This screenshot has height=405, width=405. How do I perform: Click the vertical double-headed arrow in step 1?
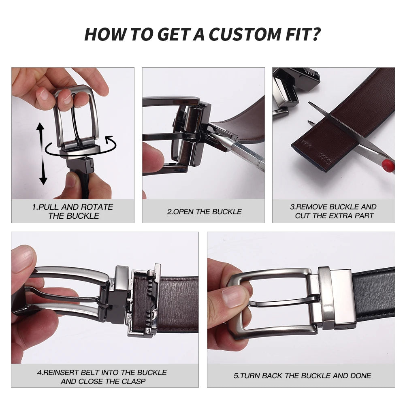(41, 154)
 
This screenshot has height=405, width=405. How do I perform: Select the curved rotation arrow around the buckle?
(79, 149)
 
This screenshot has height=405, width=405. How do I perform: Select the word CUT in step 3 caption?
(303, 216)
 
